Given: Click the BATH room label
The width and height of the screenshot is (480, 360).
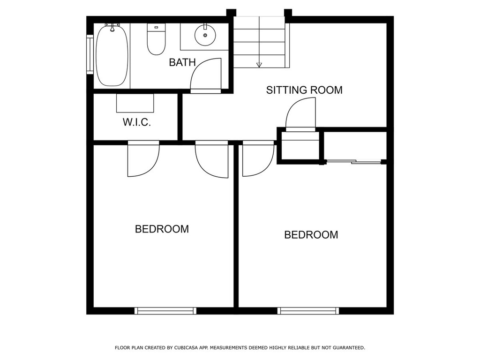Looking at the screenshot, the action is point(182,62).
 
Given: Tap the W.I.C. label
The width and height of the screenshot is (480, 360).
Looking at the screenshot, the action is point(137,122).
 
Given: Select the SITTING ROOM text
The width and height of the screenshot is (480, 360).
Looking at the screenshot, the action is point(304,90).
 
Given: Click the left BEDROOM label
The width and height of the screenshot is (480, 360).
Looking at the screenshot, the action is point(162,229).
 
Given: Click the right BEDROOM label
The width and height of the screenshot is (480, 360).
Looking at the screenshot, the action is point(311,235).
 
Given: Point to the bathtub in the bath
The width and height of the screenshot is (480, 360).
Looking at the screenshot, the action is point(112,55).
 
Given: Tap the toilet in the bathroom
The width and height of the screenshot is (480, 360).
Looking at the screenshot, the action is point(156,39).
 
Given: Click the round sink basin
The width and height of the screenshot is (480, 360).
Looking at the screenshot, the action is point(205,35).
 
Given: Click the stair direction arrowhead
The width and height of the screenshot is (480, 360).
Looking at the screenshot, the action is point(259,65).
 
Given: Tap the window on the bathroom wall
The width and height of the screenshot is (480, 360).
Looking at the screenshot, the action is point(90,54).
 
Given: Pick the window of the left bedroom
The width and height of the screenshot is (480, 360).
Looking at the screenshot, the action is point(165,311).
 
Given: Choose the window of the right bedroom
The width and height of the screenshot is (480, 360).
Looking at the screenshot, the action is point(308,311).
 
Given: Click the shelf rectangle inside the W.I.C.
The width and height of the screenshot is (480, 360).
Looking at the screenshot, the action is point(135,103).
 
